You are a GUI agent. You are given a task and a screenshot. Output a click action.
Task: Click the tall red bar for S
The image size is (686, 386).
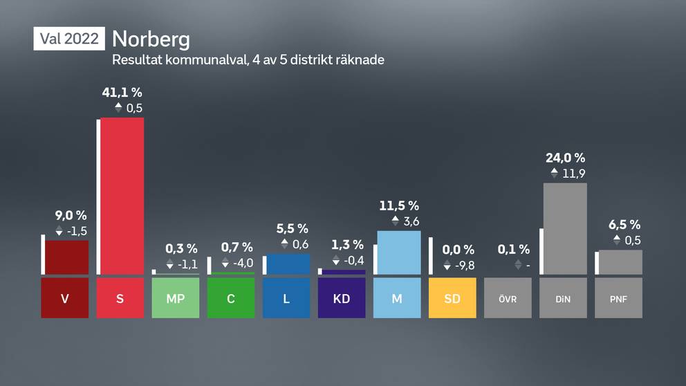click(120, 196)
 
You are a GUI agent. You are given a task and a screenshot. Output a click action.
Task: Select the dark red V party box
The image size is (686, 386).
click(65, 298)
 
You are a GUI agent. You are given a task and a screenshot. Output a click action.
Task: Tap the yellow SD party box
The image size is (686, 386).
click(452, 298)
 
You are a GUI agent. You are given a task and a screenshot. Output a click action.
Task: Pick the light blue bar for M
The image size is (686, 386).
click(399, 252)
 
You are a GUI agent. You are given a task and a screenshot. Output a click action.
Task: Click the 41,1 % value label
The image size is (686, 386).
click(122, 92)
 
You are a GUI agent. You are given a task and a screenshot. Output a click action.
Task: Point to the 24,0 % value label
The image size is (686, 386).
click(565, 158)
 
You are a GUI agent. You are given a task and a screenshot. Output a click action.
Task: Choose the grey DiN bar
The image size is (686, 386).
click(565, 228)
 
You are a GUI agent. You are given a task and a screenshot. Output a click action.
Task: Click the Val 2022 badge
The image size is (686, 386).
click(68, 39)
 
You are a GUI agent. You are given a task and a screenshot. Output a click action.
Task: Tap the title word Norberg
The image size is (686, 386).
click(151, 39)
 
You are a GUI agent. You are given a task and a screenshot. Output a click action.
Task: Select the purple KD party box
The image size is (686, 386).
click(342, 298)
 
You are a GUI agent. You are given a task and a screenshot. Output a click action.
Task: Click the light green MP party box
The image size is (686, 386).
click(176, 298)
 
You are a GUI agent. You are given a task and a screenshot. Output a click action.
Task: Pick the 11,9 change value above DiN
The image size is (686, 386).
click(572, 174)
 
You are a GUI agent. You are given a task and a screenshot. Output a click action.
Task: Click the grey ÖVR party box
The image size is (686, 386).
click(508, 298)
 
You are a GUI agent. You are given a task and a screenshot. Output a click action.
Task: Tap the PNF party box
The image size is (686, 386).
click(618, 298)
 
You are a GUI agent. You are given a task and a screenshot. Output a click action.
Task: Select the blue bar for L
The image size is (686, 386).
click(288, 264)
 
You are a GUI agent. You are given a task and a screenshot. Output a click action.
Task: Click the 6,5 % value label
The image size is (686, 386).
click(624, 225)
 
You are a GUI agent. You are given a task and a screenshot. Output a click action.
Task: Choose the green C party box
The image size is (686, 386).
click(231, 298)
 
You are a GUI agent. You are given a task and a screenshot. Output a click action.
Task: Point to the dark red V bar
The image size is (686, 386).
click(67, 257)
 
